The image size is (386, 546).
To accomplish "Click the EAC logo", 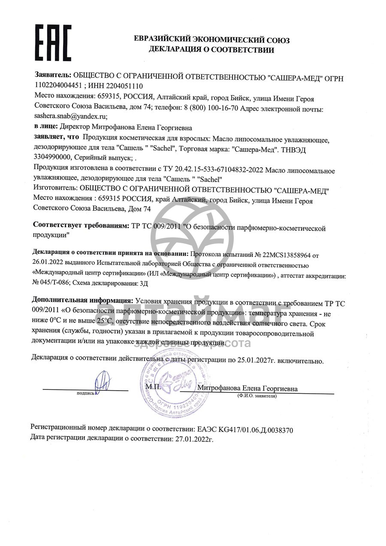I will pos(53,42).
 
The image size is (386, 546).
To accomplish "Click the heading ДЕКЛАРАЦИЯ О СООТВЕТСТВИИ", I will pos(211,50).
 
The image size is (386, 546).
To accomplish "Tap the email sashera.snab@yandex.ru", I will pos(70,116).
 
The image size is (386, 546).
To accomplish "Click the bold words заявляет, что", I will pos(56,137).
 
